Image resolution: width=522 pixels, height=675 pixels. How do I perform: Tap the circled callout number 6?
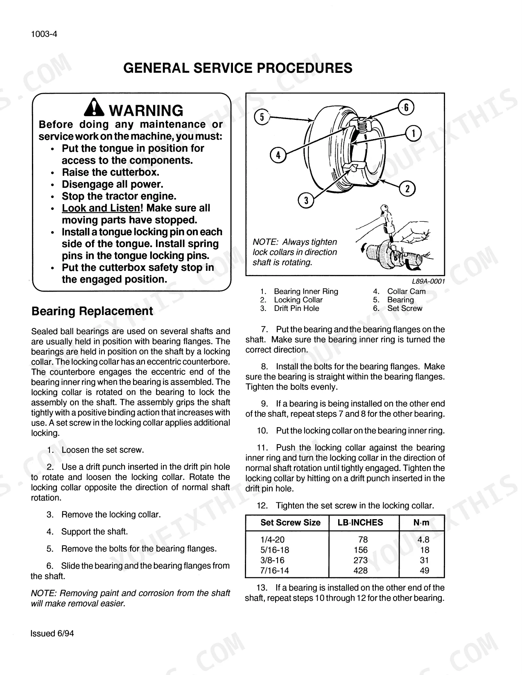click(x=406, y=107)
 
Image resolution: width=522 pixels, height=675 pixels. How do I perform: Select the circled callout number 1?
click(x=414, y=133)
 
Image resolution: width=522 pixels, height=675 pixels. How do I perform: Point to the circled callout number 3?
click(x=306, y=200)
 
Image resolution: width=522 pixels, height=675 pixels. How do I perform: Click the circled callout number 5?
click(x=262, y=117)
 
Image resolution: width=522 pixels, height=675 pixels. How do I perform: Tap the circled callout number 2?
click(x=407, y=189)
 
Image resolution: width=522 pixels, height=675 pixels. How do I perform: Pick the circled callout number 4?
click(x=278, y=155)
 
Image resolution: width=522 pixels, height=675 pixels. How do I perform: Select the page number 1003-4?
click(x=44, y=34)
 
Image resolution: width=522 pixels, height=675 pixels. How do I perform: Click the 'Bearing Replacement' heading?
click(x=93, y=311)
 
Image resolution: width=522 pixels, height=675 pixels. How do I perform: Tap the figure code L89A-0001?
click(x=428, y=281)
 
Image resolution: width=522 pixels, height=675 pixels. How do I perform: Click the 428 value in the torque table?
click(x=361, y=570)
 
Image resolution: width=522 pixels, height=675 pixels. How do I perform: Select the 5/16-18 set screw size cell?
click(x=275, y=550)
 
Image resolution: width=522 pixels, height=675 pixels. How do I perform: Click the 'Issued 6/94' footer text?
click(x=52, y=633)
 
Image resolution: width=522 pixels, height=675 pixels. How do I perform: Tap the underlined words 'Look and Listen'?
click(x=101, y=208)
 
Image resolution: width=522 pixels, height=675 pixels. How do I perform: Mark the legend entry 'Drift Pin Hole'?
click(x=296, y=308)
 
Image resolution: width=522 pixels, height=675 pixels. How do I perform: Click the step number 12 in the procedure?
click(x=262, y=505)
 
